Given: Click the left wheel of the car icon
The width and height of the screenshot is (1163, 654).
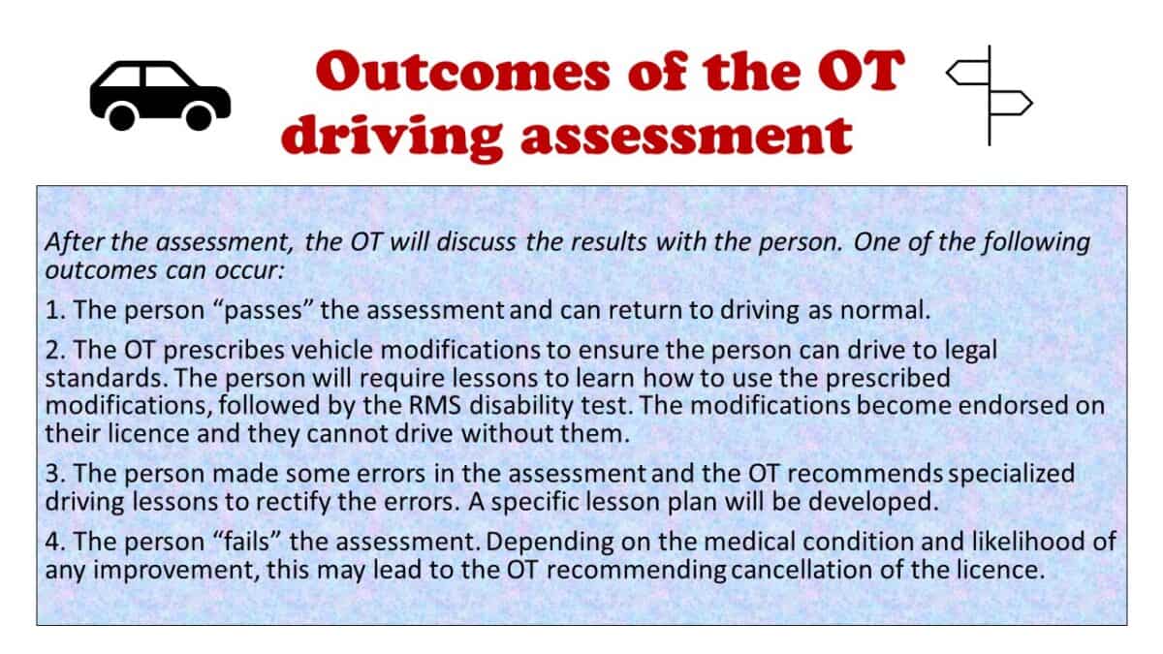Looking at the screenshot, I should [x=123, y=117].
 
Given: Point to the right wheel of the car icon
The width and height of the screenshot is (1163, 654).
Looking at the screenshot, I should [x=199, y=117].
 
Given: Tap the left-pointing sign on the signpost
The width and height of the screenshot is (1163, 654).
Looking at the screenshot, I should [x=966, y=72].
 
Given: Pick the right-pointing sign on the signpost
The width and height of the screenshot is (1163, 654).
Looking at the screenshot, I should [x=1012, y=101].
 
